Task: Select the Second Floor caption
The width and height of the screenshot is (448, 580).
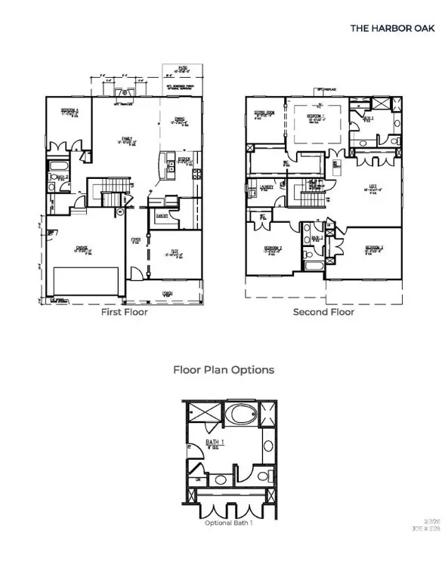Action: pyautogui.click(x=323, y=311)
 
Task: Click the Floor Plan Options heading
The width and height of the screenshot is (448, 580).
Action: pyautogui.click(x=224, y=370)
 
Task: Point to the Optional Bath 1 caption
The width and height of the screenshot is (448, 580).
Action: pyautogui.click(x=228, y=522)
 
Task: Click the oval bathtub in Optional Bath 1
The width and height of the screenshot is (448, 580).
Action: pyautogui.click(x=243, y=414)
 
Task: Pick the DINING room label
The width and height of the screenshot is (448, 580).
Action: pyautogui.click(x=180, y=118)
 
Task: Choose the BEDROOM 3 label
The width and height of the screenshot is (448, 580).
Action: pyautogui.click(x=373, y=247)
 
